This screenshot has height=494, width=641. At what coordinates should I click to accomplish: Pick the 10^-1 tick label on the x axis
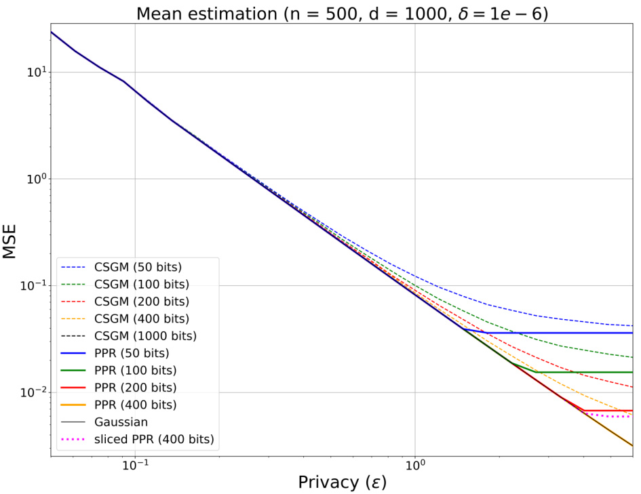(x=135, y=464)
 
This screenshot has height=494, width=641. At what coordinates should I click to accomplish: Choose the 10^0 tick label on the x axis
(x=415, y=464)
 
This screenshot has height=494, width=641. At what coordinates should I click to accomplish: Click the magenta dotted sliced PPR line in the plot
(x=610, y=416)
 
